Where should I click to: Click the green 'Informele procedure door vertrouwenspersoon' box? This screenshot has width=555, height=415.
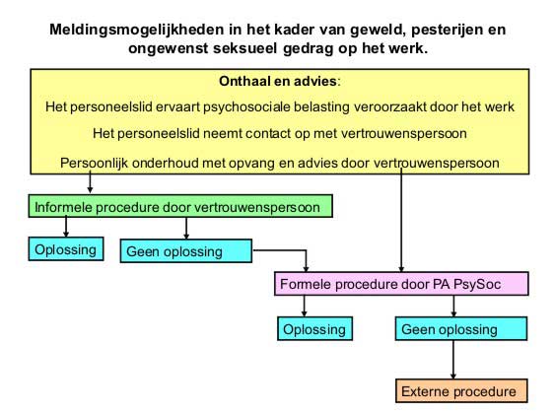tap(180, 206)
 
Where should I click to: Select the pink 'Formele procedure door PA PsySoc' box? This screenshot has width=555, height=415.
tap(401, 284)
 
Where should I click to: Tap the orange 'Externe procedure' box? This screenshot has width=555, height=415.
tap(461, 391)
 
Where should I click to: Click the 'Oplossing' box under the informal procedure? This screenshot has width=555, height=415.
tap(66, 249)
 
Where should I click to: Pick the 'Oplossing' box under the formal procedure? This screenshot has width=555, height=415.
tap(314, 328)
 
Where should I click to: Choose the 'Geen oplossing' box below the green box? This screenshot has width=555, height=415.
tap(186, 251)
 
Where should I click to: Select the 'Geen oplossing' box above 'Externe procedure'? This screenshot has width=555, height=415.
tap(461, 328)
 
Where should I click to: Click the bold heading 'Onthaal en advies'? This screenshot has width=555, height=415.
tap(278, 81)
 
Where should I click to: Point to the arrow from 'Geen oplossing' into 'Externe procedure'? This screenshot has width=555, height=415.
tap(453, 360)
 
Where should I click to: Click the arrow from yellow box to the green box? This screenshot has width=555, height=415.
tap(90, 181)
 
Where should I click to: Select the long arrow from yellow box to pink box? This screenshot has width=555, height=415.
tap(401, 220)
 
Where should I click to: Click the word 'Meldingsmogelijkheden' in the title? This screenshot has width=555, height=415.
tap(138, 30)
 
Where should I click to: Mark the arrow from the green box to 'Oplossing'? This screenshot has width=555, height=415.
tap(66, 227)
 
